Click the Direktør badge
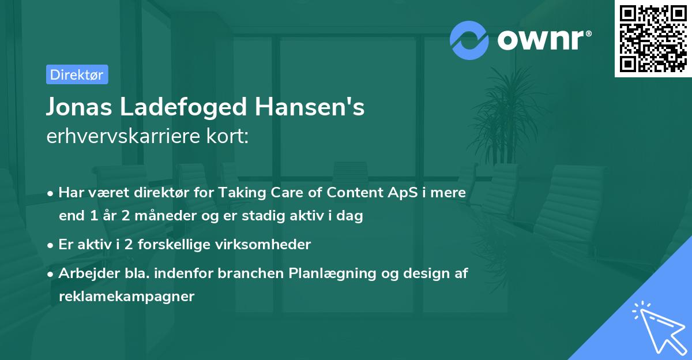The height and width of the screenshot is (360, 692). (77, 75)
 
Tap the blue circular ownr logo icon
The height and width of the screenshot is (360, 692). (469, 40)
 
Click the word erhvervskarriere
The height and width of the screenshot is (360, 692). (124, 137)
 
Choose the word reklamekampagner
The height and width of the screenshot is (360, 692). (127, 297)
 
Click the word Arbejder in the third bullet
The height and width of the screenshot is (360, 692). (84, 273)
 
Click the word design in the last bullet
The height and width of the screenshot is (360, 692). (415, 273)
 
